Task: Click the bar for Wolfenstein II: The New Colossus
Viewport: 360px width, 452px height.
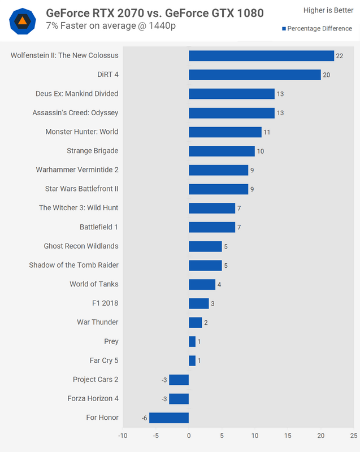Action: [x=261, y=55]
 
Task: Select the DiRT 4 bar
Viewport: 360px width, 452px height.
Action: [x=255, y=75]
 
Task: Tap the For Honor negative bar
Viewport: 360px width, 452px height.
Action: [x=169, y=418]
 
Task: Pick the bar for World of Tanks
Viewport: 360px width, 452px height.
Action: [x=202, y=284]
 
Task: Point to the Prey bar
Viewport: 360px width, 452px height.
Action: [x=192, y=341]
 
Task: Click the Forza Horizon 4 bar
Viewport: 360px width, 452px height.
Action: [x=179, y=399]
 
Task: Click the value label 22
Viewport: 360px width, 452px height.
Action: [x=340, y=55]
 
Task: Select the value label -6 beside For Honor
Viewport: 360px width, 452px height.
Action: [x=145, y=418]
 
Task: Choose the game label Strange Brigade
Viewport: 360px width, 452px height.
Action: [x=93, y=151]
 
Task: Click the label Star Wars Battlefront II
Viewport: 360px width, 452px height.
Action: [x=81, y=189]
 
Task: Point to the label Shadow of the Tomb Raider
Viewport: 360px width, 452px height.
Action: [x=73, y=265]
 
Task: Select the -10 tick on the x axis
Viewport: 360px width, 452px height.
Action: [x=123, y=436]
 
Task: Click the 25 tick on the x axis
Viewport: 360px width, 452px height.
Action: [x=353, y=436]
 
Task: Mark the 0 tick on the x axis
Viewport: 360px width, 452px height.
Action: [x=189, y=436]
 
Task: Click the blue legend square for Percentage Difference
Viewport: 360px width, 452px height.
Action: [x=284, y=29]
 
